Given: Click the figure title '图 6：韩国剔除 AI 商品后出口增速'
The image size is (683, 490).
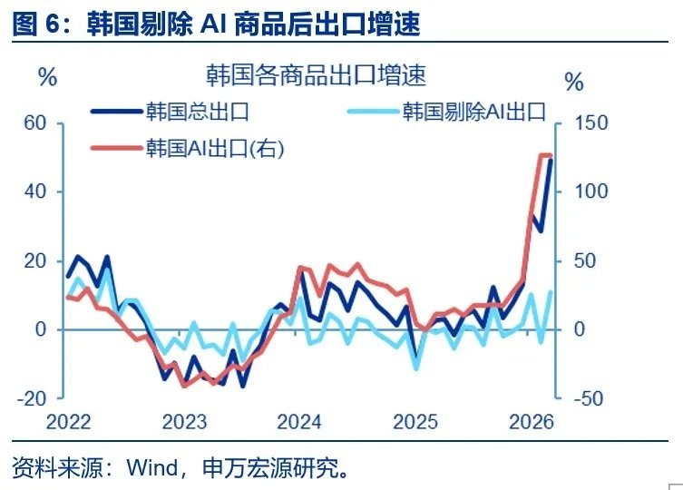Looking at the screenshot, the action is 217,23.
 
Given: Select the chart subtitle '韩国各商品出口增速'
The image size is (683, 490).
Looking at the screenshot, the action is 316,75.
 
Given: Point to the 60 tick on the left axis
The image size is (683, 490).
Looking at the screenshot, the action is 34,122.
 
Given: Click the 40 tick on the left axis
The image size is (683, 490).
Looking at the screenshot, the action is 34,191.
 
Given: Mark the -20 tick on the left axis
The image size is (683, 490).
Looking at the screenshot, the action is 32,398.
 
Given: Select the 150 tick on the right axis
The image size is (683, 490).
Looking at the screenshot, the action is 591,122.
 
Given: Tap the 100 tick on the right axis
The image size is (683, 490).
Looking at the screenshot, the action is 591,191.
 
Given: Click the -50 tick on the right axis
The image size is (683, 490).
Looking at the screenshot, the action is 589,398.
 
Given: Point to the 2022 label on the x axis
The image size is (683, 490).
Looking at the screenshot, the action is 68,422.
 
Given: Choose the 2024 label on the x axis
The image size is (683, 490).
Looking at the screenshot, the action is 299,422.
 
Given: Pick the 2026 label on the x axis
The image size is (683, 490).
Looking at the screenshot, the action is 532,422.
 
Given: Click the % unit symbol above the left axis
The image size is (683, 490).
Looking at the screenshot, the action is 48,77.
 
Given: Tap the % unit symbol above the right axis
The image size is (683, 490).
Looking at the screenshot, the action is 574,82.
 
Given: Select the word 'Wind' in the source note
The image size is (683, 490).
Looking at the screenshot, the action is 152,467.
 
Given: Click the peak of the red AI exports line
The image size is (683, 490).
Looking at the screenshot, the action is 542,155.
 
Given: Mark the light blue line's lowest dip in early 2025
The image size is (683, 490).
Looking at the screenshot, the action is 417,368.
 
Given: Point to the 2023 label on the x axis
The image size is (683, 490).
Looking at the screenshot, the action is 185,422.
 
